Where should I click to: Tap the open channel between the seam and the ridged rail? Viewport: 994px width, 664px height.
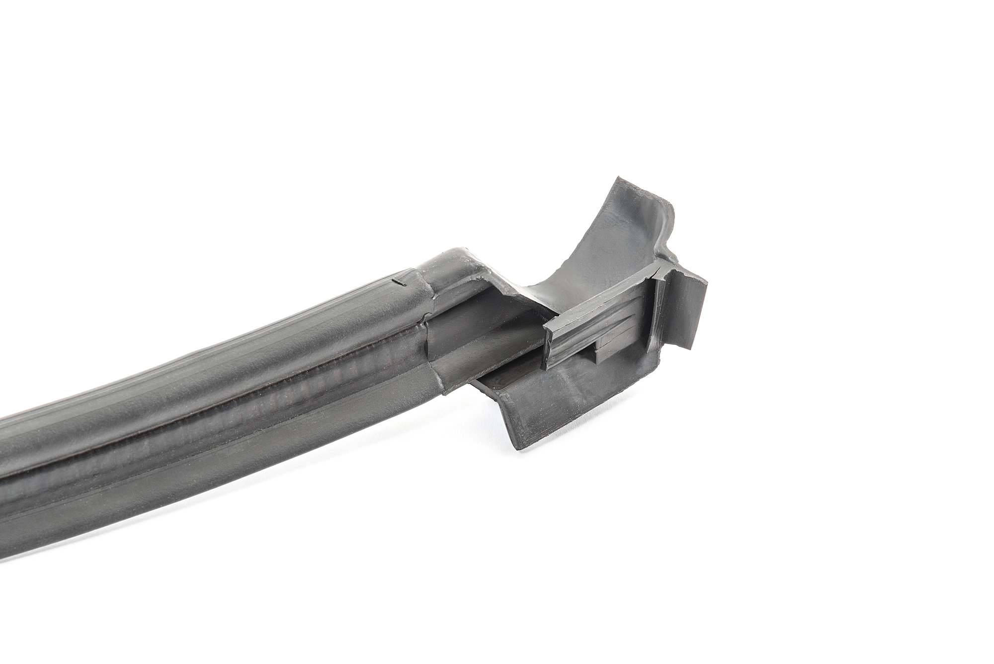tap(477, 338)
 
